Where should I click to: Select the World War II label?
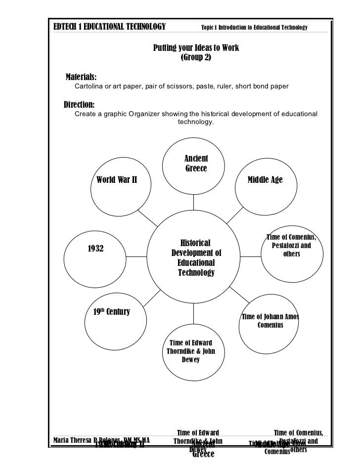[117, 180]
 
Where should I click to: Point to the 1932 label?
[95, 249]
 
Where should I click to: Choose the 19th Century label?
[111, 312]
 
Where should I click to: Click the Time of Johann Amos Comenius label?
[270, 321]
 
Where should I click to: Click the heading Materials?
[82, 78]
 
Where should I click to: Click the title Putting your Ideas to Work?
[196, 48]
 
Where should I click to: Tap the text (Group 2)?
[196, 57]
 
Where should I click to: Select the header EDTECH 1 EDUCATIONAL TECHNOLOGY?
[109, 26]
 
